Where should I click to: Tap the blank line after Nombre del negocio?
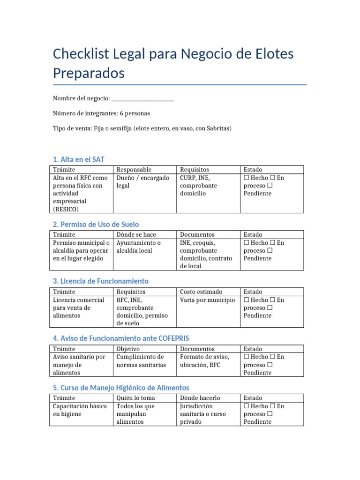pyautogui.click(x=143, y=99)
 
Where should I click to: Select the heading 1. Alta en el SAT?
pyautogui.click(x=79, y=159)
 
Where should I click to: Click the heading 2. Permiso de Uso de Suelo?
pyautogui.click(x=96, y=224)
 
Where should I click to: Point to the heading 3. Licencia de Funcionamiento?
pyautogui.click(x=101, y=281)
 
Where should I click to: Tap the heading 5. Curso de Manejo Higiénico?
pyautogui.click(x=121, y=388)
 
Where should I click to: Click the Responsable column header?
pyautogui.click(x=134, y=169)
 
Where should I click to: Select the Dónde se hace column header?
pyautogui.click(x=136, y=234)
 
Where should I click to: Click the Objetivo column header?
pyautogui.click(x=128, y=349)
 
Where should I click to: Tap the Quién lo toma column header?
pyautogui.click(x=135, y=398)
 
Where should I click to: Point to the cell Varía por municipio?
pyautogui.click(x=207, y=300)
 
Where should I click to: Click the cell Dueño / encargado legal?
pyautogui.click(x=142, y=182)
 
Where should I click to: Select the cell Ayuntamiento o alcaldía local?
pyautogui.click(x=138, y=247)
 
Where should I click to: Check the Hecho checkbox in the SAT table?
pyautogui.click(x=247, y=178)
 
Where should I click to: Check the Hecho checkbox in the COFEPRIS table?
pyautogui.click(x=247, y=357)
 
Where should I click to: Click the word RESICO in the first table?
pyautogui.click(x=66, y=209)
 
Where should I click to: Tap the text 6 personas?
pyautogui.click(x=135, y=113)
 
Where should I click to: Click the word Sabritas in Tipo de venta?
pyautogui.click(x=217, y=128)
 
